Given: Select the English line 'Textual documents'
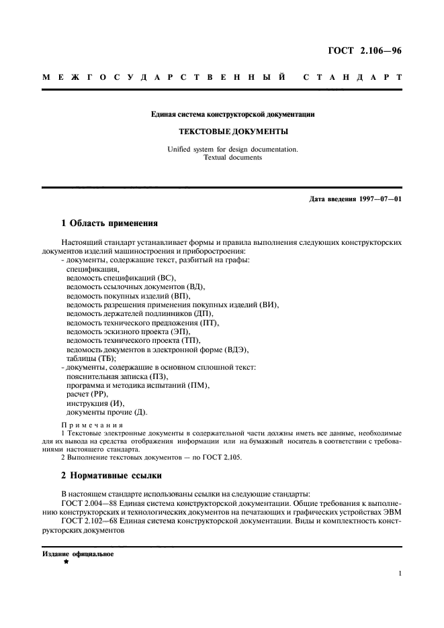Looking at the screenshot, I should [224, 158].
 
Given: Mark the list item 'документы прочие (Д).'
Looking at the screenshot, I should [107, 413].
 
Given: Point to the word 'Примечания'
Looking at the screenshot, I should [92, 425].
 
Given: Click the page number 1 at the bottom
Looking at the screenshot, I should [399, 574].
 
